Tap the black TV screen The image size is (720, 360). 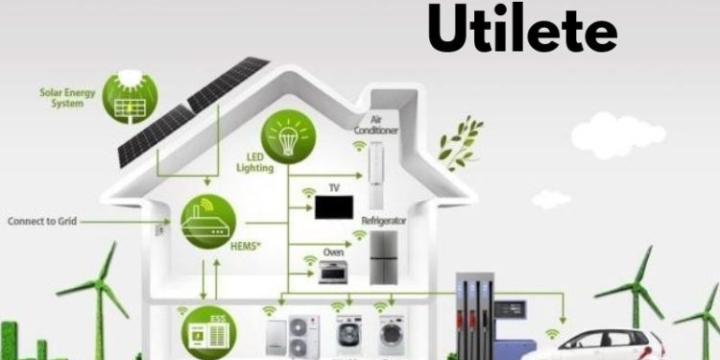tap(334, 208)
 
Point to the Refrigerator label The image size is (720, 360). tap(383, 221)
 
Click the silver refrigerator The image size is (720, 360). tap(384, 256)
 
